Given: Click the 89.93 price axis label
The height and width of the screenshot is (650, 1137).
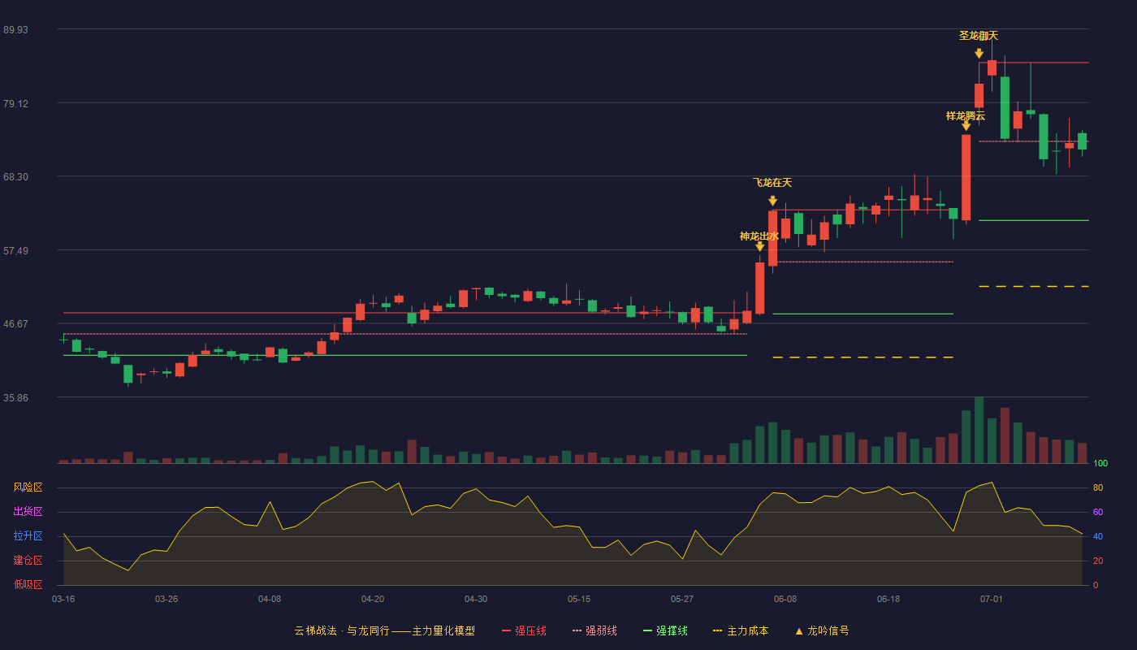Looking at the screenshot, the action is coord(15,30).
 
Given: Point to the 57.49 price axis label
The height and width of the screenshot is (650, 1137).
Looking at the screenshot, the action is coord(15,251).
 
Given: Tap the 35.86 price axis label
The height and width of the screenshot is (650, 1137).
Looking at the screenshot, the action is coord(15,398).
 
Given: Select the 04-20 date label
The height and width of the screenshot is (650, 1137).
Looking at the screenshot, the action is coord(373,600).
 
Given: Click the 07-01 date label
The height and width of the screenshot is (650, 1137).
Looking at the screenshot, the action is coord(992,600).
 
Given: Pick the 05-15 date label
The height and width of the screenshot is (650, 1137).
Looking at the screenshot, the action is coord(579,600).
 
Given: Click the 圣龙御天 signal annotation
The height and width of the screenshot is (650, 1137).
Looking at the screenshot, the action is coord(978,36).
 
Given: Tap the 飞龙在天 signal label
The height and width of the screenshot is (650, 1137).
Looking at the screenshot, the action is coord(772,182).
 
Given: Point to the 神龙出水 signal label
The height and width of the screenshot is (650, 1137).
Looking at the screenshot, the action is coord(759,236).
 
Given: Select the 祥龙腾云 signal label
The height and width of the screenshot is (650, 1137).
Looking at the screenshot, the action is coord(966,116).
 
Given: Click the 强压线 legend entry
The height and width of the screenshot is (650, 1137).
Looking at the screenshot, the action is coord(524,630).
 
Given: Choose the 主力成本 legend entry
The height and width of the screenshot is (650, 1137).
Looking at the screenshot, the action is coord(741,630).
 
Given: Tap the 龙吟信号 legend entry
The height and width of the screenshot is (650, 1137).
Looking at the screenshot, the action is coord(822,630).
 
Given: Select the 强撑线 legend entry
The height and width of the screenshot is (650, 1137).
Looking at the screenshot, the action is coord(665,630).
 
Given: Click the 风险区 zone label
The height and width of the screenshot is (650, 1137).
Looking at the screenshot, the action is coord(28,487).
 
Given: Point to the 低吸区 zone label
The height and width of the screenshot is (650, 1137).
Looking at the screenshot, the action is coord(28,585).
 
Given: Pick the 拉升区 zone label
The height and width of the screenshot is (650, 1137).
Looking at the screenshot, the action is coord(28,536).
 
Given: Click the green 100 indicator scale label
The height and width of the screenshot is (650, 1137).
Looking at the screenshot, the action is coord(1100,463).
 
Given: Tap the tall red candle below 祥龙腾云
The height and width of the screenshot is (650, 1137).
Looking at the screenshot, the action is coord(966,177).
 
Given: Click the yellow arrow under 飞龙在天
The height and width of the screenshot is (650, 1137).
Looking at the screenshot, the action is coord(772,201).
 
